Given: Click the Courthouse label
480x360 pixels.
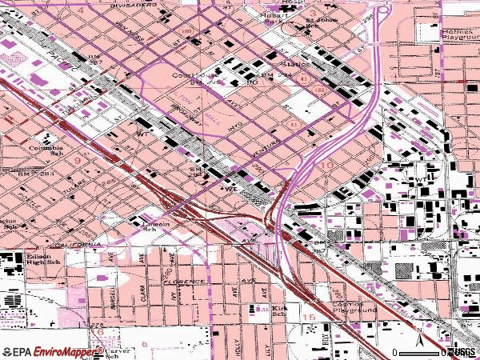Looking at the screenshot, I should coord(189,78).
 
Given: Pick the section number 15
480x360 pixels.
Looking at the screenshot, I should coord(308,318).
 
